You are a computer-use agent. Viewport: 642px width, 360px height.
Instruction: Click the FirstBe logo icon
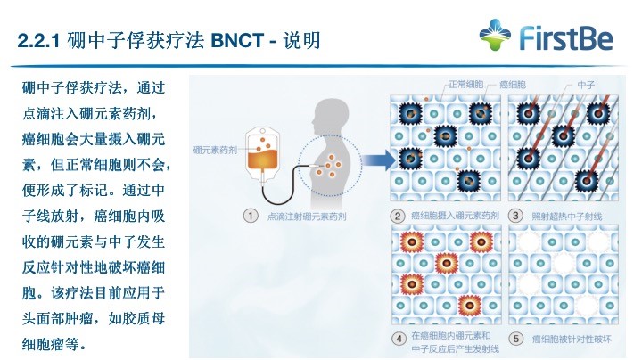point(495,35)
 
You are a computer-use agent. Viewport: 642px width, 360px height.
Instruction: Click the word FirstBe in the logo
point(566,38)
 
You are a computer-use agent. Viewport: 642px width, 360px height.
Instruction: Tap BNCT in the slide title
point(237,41)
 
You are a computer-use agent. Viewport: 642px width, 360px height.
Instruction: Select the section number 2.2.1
point(39,41)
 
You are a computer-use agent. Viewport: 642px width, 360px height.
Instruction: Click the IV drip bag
point(262,155)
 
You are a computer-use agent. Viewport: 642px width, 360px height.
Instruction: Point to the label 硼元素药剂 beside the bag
point(215,150)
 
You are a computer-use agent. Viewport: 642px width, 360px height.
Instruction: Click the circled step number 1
point(251,216)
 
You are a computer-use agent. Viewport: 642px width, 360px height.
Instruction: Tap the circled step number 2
point(397,216)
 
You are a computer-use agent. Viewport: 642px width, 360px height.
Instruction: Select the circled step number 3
point(515,216)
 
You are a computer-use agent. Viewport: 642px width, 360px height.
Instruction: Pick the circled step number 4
point(399,339)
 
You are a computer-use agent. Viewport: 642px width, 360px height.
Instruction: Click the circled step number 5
point(516,339)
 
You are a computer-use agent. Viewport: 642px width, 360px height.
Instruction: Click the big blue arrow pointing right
point(379,160)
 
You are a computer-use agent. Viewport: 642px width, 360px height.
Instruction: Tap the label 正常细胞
point(466,85)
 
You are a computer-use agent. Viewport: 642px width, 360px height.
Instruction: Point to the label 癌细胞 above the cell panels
point(512,85)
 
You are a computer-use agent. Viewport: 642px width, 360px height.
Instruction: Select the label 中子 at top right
point(586,85)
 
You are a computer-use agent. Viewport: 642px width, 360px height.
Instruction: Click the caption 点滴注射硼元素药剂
point(307,217)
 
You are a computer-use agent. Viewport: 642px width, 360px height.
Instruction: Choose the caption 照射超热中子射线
point(567,217)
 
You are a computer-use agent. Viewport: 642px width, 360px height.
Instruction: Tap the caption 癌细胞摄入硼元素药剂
point(455,216)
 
